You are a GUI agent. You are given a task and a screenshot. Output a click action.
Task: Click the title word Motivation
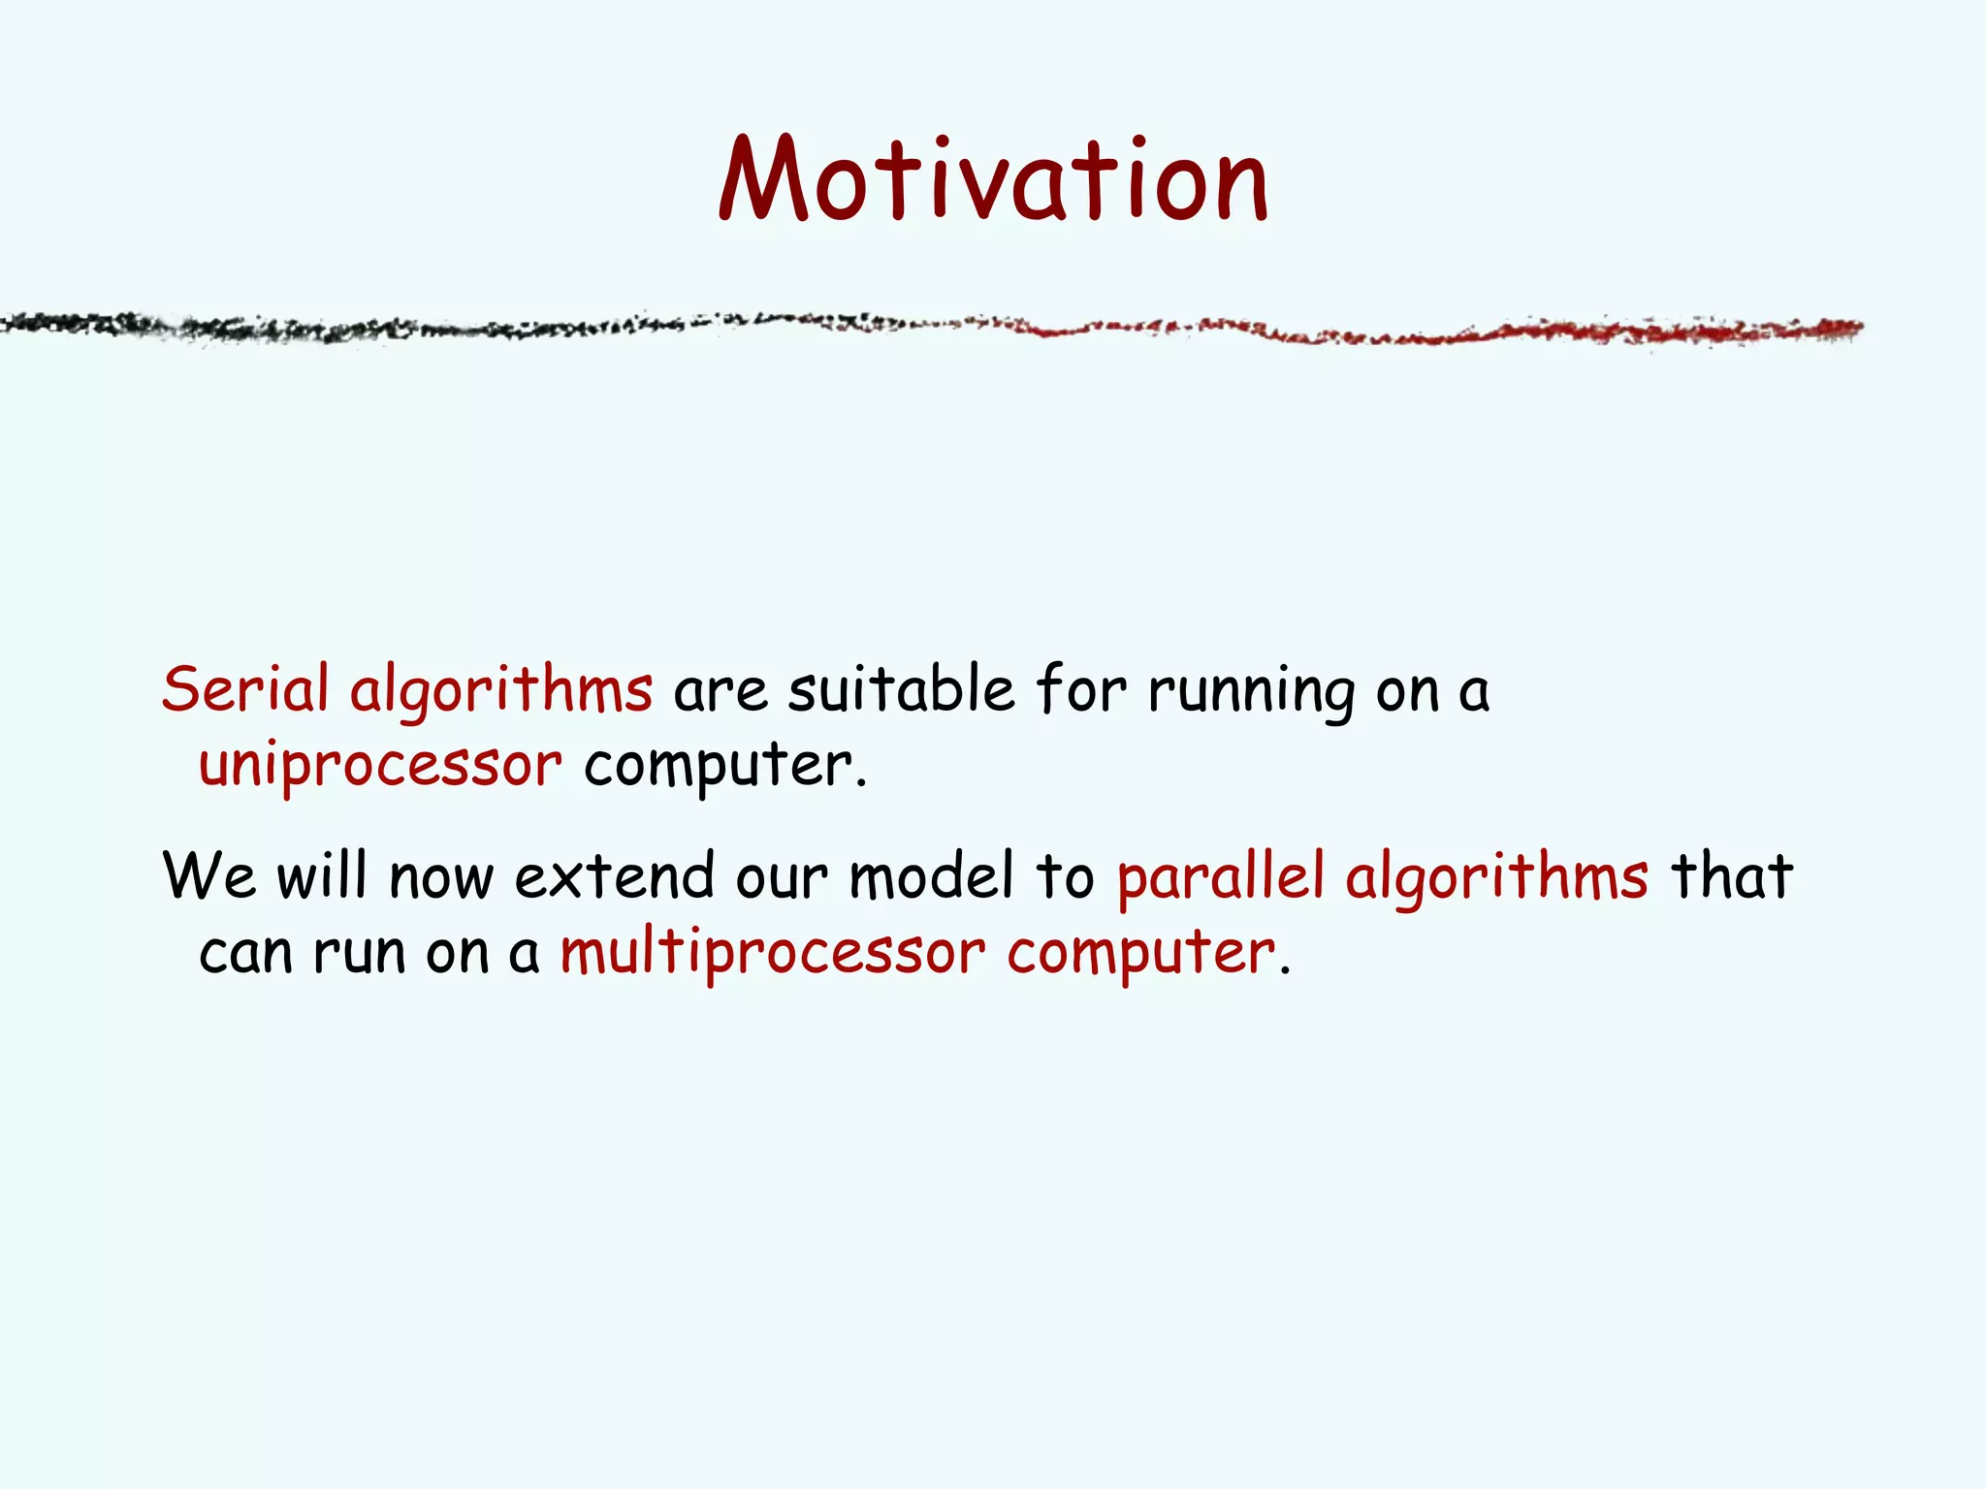(x=993, y=180)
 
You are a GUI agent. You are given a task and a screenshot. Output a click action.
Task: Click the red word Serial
(x=245, y=690)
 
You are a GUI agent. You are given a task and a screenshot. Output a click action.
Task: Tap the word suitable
(x=901, y=690)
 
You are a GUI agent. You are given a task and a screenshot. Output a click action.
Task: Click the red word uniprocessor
(x=380, y=766)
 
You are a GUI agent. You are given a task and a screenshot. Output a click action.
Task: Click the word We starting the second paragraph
(x=209, y=876)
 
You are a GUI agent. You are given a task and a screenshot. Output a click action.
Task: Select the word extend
(x=614, y=876)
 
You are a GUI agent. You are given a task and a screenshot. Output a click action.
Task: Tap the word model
(x=931, y=876)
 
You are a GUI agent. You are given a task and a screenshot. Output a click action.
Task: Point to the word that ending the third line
(x=1732, y=876)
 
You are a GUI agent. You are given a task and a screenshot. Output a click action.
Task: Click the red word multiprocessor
(x=772, y=953)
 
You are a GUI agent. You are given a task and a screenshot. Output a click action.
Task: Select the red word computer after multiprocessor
(x=1141, y=953)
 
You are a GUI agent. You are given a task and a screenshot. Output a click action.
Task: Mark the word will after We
(x=322, y=876)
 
